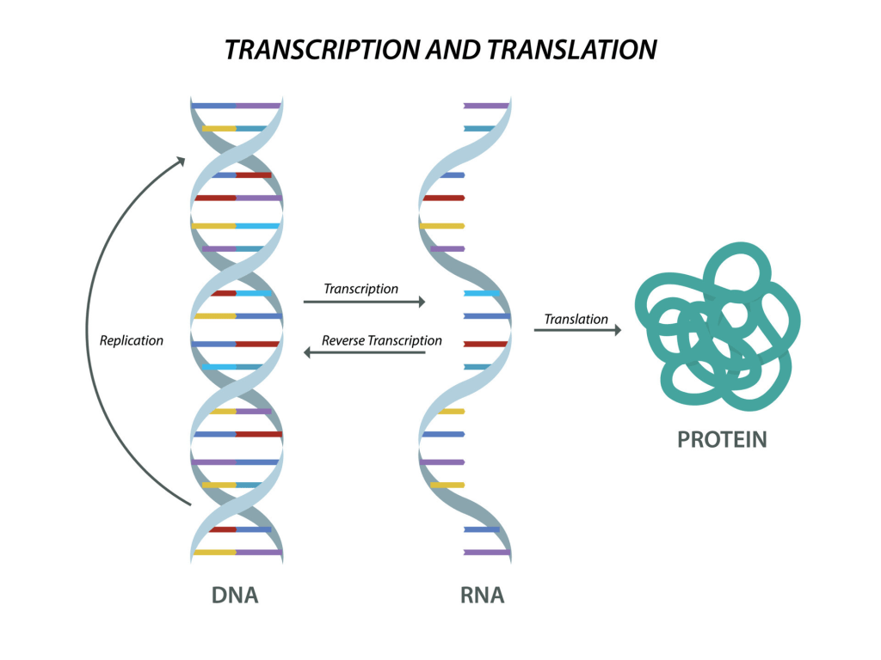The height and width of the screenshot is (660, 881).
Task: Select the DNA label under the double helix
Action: tap(235, 595)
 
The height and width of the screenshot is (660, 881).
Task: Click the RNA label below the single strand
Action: tap(482, 595)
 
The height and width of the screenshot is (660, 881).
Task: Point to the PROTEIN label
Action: tap(722, 440)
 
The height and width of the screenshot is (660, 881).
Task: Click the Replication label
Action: tap(132, 340)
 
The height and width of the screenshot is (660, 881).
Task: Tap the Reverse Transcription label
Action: tap(382, 340)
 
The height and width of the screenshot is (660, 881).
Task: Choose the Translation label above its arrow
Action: tap(576, 319)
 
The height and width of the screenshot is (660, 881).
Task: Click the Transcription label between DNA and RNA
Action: tap(361, 289)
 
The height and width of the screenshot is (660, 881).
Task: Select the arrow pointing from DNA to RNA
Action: tap(365, 302)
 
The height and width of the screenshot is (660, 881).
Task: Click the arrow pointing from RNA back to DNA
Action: tap(365, 352)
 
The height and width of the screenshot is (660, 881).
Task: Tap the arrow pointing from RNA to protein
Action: tap(576, 330)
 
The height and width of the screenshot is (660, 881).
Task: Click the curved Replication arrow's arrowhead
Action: tap(180, 161)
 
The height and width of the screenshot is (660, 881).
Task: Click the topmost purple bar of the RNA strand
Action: tap(486, 106)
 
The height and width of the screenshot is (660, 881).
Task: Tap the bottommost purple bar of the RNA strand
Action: tap(486, 552)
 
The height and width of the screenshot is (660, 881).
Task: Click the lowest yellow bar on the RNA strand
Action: tap(447, 485)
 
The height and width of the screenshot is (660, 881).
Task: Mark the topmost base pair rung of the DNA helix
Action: tap(236, 106)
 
